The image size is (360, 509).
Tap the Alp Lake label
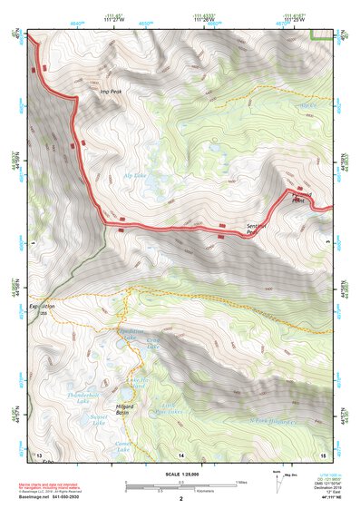tap(134, 175)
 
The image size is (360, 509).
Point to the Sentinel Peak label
tap(258, 229)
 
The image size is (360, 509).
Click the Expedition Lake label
tap(131, 334)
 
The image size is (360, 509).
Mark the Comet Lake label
tap(122, 446)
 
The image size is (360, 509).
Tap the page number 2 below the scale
tap(180, 499)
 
